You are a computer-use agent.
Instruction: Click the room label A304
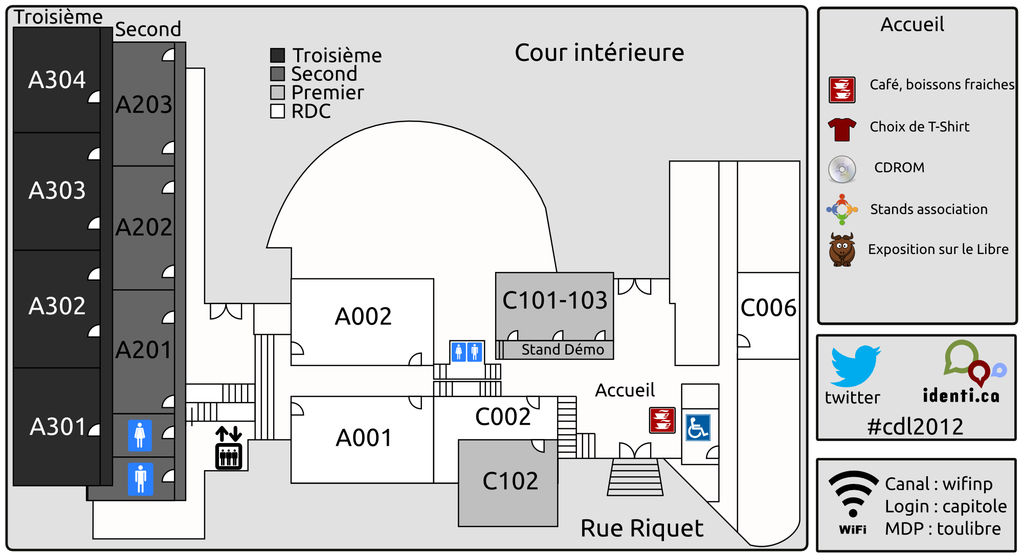point(57,80)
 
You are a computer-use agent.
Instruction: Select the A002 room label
point(363,316)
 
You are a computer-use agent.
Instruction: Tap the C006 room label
point(768,308)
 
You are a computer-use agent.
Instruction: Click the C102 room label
point(510,481)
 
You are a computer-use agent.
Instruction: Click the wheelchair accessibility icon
point(698,428)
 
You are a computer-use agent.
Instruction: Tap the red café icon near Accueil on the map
point(662,420)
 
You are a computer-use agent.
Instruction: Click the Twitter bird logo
point(855,366)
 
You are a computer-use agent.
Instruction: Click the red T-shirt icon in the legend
point(842,129)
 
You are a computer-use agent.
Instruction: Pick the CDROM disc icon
point(842,169)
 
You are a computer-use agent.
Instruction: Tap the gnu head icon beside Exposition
point(842,249)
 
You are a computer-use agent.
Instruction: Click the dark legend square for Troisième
point(277,55)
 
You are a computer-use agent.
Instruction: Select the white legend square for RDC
point(277,111)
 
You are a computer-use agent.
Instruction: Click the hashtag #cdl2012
point(915,427)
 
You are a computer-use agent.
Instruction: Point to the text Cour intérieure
point(599,53)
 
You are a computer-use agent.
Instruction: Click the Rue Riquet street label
point(642,528)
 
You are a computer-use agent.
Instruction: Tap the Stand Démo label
point(563,350)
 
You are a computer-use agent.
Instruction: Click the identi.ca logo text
point(961,396)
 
